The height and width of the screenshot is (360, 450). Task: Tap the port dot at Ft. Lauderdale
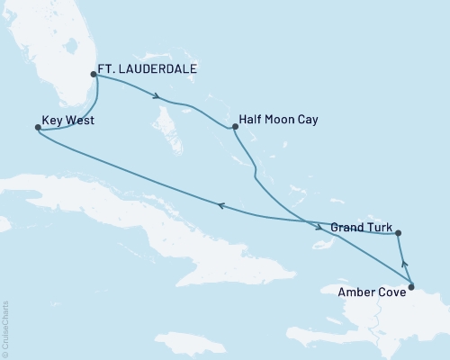pyautogui.click(x=94, y=75)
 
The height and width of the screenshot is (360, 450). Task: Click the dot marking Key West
pyautogui.click(x=37, y=128)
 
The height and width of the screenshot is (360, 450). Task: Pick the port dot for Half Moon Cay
pyautogui.click(x=234, y=127)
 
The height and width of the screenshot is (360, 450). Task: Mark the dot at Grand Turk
pyautogui.click(x=399, y=233)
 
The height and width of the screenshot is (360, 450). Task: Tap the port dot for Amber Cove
pyautogui.click(x=411, y=288)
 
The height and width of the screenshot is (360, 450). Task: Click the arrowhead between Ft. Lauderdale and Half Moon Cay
pyautogui.click(x=158, y=96)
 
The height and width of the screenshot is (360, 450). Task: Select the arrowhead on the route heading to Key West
pyautogui.click(x=220, y=207)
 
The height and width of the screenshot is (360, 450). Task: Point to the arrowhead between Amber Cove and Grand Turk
pyautogui.click(x=404, y=264)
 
